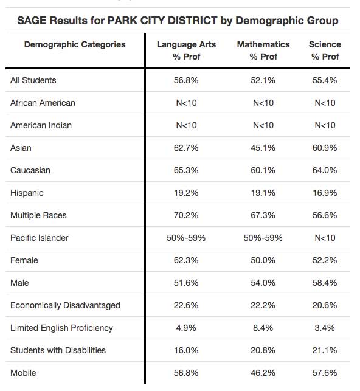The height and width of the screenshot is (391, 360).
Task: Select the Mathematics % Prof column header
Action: [263, 50]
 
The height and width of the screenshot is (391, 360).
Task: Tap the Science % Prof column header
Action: [325, 50]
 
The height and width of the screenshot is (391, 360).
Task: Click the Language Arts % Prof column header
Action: [186, 50]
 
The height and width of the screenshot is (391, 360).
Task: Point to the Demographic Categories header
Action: [75, 44]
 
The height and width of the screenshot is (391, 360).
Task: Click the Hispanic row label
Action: [27, 193]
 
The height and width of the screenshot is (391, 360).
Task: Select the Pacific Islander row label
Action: [40, 238]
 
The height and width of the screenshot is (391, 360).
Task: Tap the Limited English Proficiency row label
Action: [61, 328]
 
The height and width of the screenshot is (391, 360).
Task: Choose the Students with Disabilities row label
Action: [58, 350]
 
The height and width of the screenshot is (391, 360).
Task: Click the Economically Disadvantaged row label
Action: [65, 305]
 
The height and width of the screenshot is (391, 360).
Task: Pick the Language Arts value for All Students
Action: [186, 80]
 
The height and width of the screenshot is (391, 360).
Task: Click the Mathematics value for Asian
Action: [263, 148]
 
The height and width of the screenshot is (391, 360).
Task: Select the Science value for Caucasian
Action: [325, 170]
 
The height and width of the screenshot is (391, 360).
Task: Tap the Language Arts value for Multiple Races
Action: [186, 215]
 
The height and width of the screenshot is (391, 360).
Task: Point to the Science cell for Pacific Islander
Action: [325, 238]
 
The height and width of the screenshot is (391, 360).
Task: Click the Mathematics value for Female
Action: [263, 260]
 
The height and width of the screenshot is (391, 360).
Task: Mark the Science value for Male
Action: [325, 283]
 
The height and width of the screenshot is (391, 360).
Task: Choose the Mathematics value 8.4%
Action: [263, 328]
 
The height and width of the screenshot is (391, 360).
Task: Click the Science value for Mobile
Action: [325, 373]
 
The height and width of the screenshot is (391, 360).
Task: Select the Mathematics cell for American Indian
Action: [263, 125]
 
